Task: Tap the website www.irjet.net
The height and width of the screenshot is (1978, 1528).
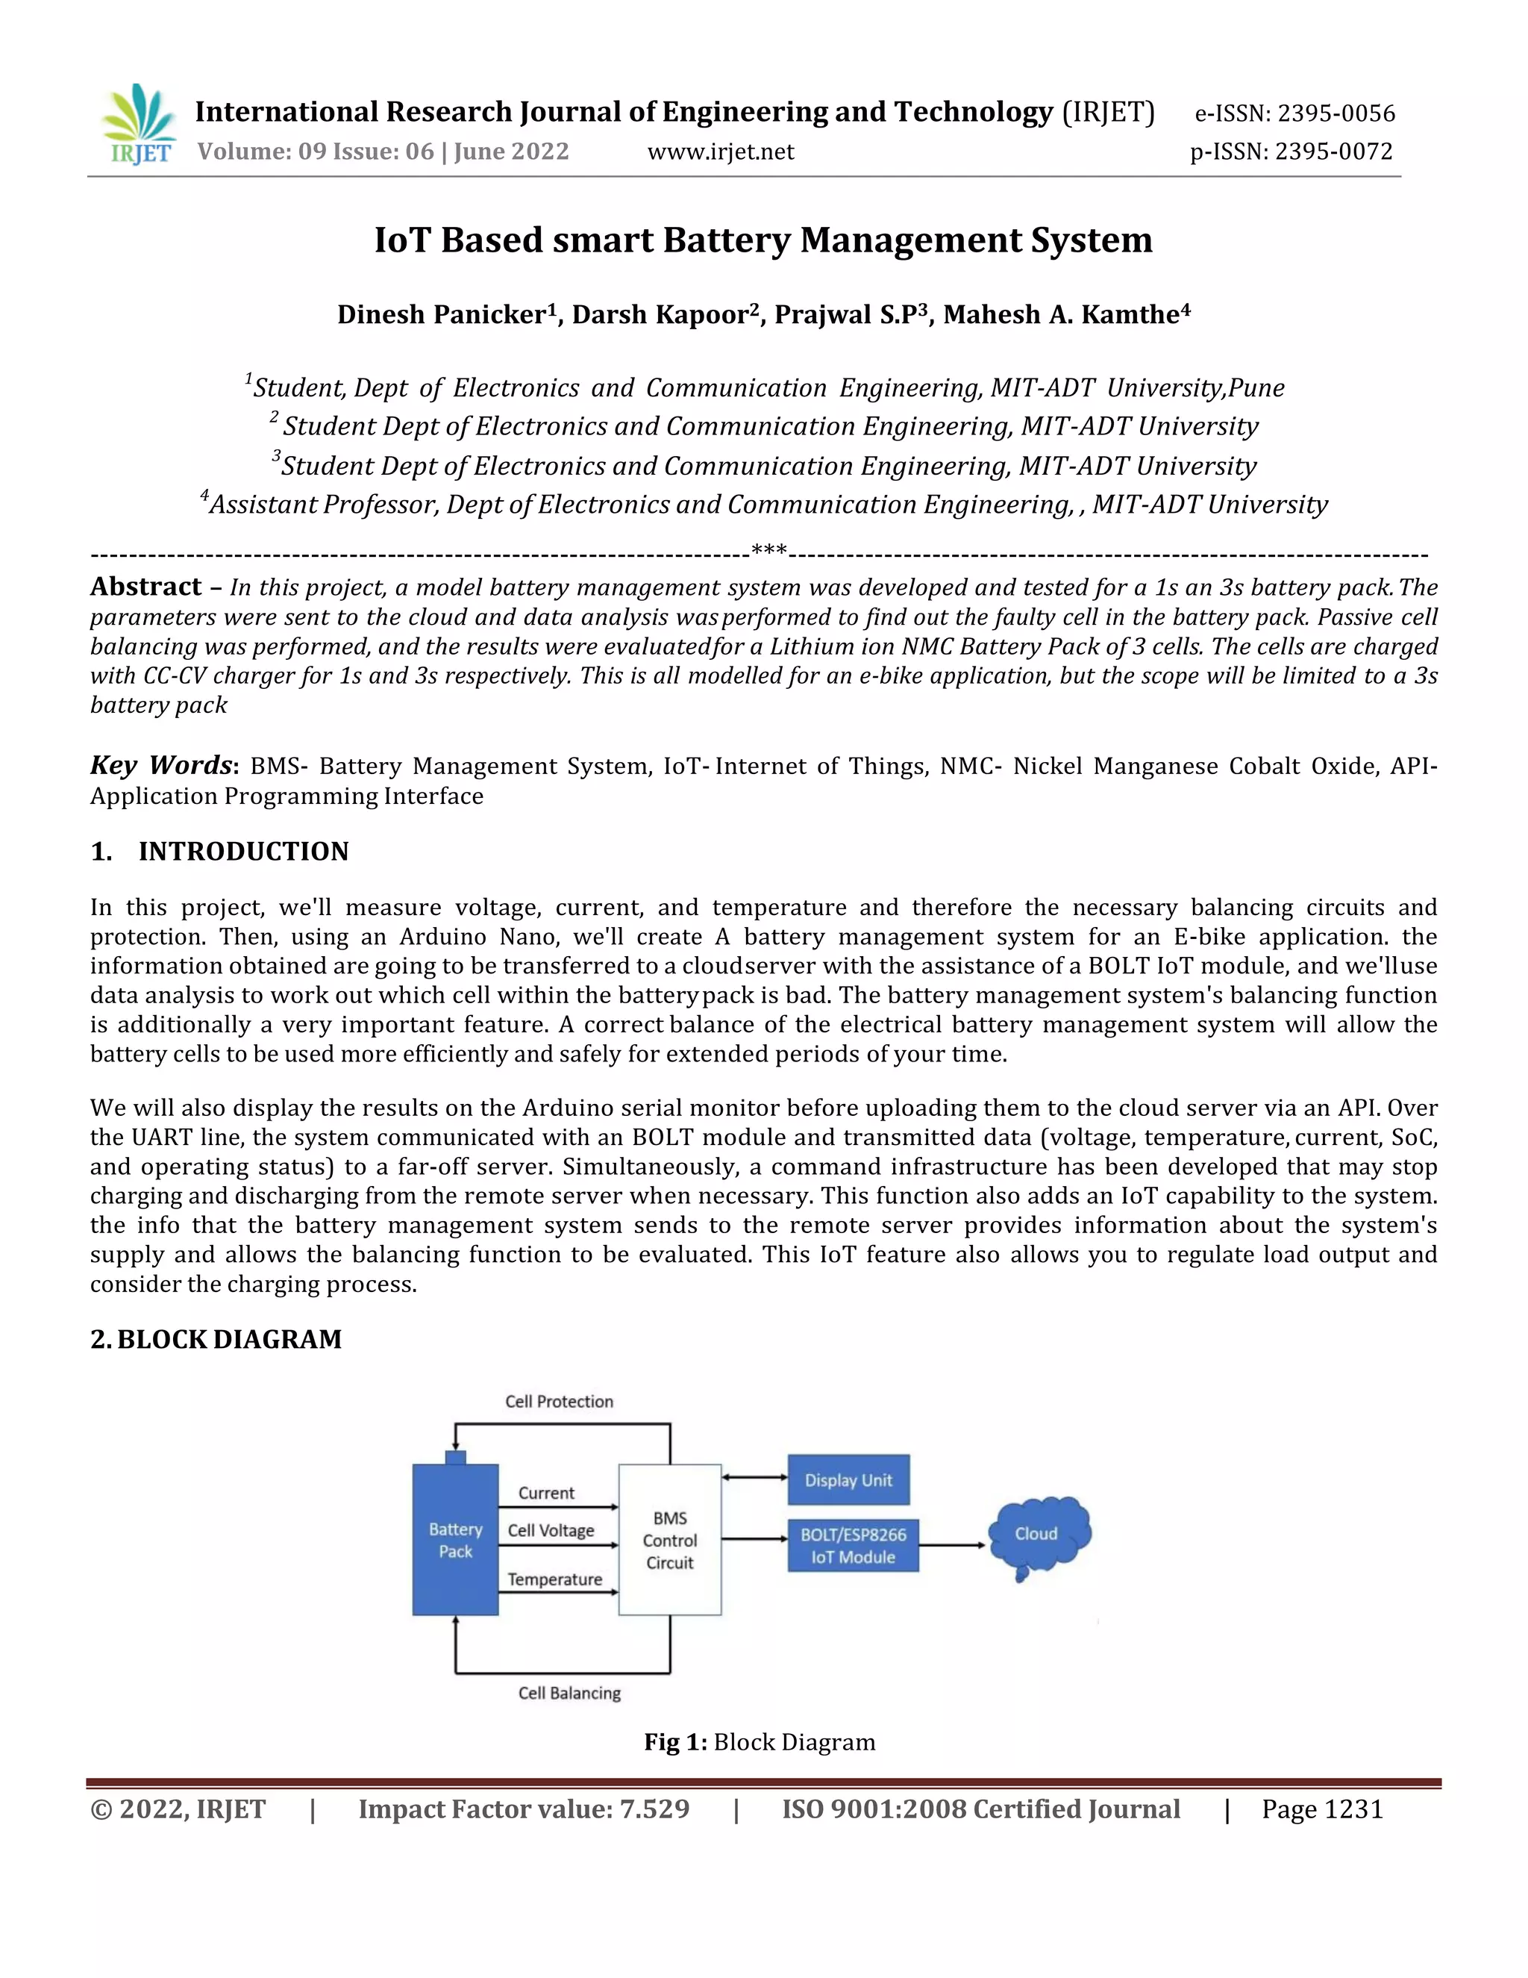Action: coord(721,152)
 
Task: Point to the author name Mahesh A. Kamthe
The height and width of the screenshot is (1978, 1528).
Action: coord(1065,314)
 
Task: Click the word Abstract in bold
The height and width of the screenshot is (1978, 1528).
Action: coord(145,587)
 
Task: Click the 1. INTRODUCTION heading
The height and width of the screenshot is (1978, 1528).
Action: coord(220,852)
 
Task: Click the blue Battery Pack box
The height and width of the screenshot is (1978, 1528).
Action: coord(455,1540)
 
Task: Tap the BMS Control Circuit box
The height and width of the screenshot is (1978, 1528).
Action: coord(670,1540)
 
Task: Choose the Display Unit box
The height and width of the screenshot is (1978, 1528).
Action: coord(848,1480)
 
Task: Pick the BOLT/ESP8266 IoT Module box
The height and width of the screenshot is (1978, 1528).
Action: coord(853,1545)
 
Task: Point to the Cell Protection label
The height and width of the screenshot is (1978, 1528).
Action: coord(559,1401)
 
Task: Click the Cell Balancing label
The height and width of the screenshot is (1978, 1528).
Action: coord(569,1693)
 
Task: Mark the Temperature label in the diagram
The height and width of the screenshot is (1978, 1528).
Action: coord(555,1579)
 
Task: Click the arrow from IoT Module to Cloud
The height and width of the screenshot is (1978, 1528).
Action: coord(951,1545)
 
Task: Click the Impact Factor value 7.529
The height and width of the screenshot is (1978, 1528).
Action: coord(523,1809)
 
